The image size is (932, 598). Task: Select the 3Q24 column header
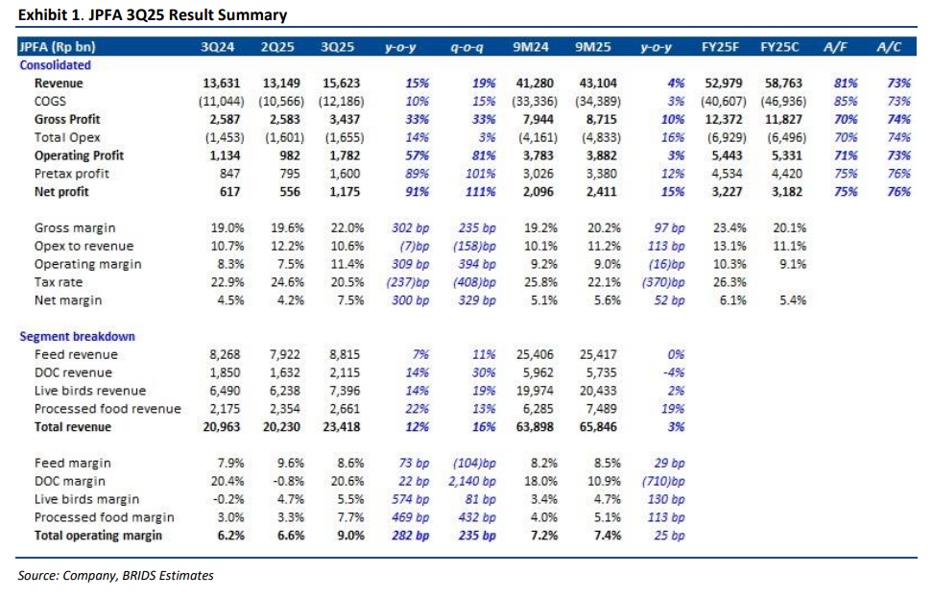[x=220, y=47]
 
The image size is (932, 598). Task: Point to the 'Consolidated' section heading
[x=56, y=65]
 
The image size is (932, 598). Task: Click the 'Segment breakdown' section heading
[x=78, y=336]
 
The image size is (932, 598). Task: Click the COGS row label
[x=51, y=102]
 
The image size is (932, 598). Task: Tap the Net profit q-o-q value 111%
[x=481, y=191]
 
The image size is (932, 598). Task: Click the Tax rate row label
[x=59, y=282]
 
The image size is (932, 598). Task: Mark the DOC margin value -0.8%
[x=284, y=481]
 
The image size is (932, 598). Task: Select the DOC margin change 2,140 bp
[x=473, y=481]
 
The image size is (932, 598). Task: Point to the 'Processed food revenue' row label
[x=108, y=408]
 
